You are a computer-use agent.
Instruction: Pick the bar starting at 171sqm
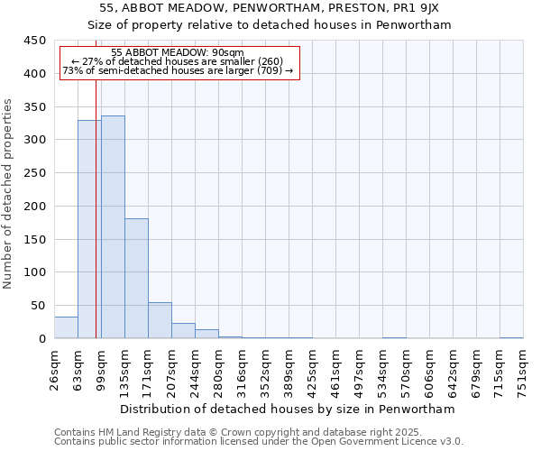point(160,320)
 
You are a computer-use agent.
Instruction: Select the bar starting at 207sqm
point(183,330)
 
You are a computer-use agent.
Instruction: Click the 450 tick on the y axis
point(35,41)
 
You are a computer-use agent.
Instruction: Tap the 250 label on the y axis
point(35,173)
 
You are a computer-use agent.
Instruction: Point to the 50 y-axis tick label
point(39,306)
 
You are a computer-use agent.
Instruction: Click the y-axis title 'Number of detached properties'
point(9,194)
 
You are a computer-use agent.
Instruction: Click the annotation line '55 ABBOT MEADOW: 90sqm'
point(178,53)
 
